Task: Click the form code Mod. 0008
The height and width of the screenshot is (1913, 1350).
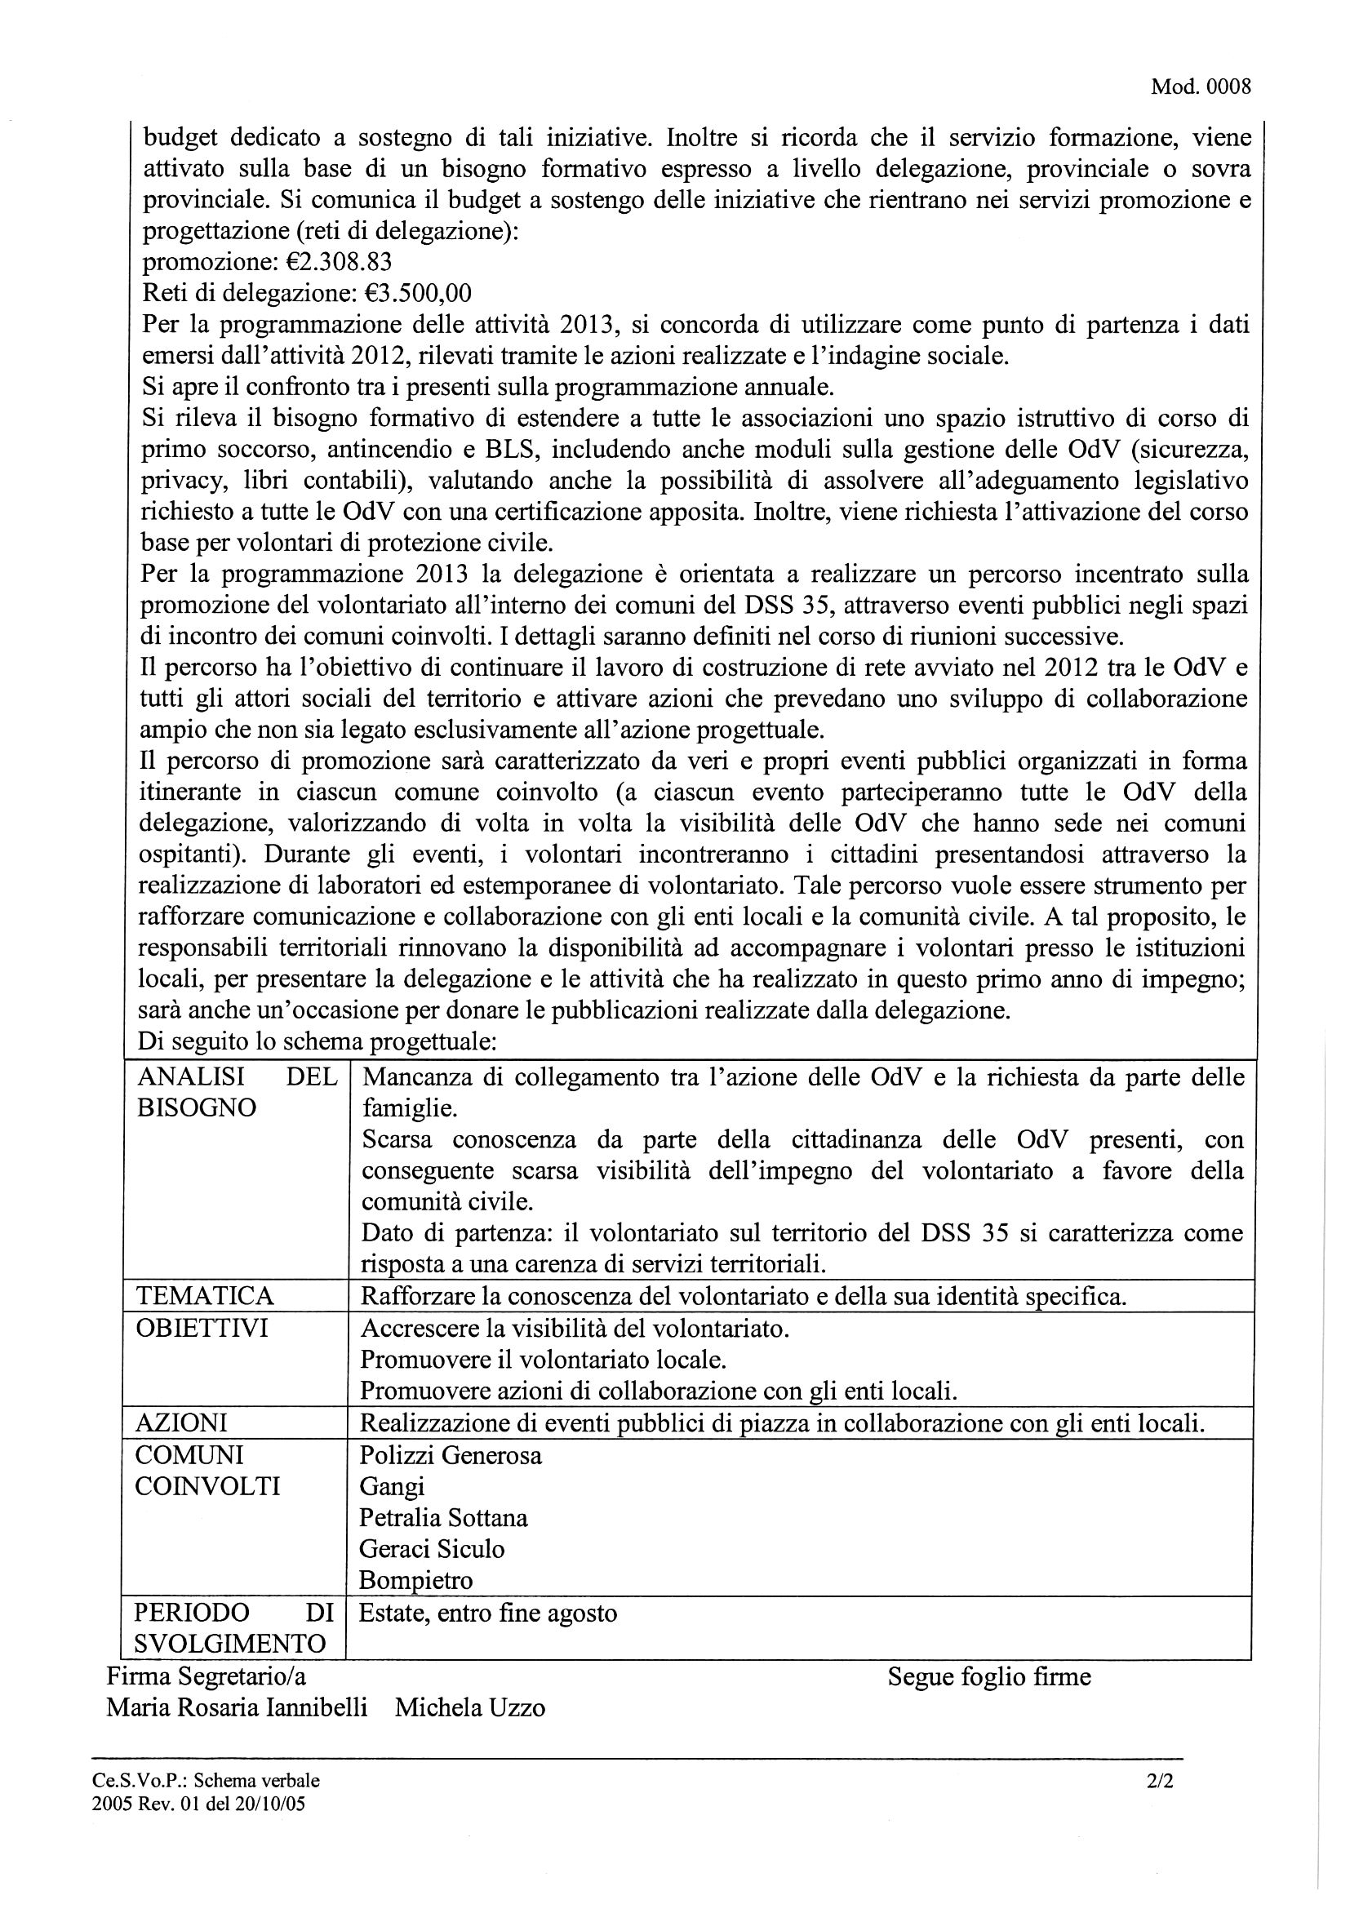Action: (x=1200, y=87)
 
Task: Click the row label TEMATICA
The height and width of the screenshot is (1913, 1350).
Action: (x=204, y=1296)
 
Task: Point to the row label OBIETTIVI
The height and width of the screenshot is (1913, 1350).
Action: (x=202, y=1327)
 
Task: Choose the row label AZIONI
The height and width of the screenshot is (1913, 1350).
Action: (x=181, y=1422)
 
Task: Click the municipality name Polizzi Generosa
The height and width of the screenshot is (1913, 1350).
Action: (x=450, y=1455)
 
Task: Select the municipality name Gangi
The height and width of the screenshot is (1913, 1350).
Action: (x=392, y=1486)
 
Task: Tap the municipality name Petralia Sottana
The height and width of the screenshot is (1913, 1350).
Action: (x=443, y=1517)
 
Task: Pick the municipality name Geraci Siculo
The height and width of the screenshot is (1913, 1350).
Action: (x=432, y=1549)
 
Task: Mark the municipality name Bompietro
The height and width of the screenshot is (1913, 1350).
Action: (x=415, y=1581)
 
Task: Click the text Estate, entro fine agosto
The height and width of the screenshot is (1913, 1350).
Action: (x=487, y=1613)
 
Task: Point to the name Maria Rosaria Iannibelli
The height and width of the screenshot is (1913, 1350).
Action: (x=237, y=1707)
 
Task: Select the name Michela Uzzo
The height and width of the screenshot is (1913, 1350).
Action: (x=470, y=1707)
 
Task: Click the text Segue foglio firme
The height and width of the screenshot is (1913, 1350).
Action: (x=988, y=1676)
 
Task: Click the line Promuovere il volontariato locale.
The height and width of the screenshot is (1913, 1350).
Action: (x=544, y=1359)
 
